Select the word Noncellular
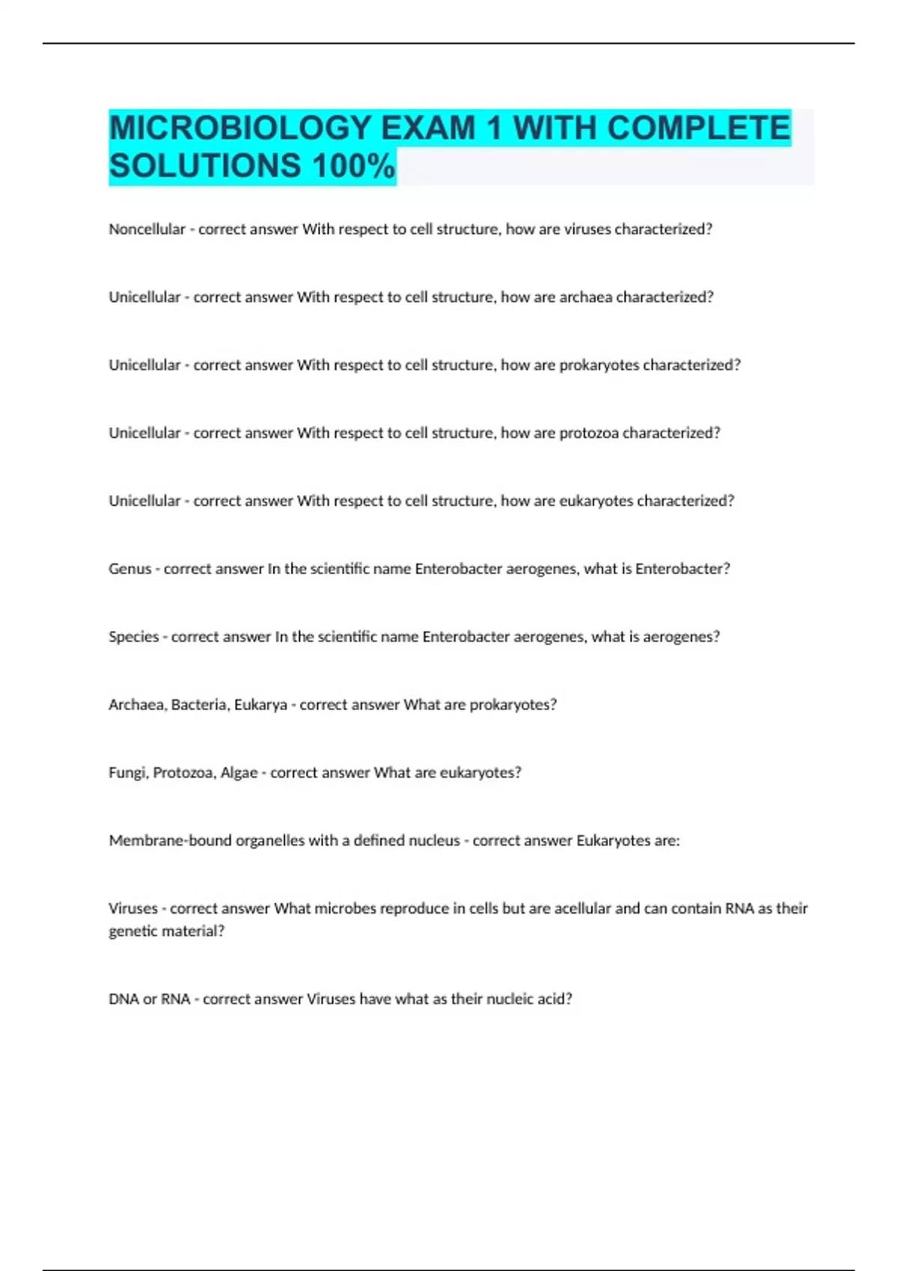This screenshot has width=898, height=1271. tap(147, 230)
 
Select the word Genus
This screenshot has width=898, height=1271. tap(130, 569)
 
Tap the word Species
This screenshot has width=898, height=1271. tap(134, 637)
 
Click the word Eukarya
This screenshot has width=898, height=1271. tap(260, 705)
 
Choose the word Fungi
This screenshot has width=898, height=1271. tap(127, 773)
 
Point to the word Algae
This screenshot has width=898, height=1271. tap(239, 773)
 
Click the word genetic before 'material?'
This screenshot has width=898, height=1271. tap(131, 932)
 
